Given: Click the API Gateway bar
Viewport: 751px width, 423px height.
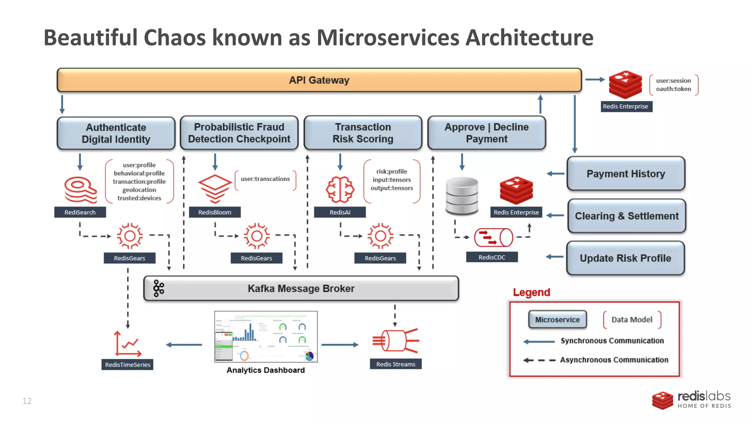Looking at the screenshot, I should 319,80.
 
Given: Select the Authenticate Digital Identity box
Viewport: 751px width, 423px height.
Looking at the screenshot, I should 116,133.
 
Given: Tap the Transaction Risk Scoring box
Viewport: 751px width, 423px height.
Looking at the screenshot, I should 363,133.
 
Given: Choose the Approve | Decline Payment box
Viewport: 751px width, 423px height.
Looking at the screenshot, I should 487,133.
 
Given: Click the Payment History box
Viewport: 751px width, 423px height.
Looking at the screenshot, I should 626,174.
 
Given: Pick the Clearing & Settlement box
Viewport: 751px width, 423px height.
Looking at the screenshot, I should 626,216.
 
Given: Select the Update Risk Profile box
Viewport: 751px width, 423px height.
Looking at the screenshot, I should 625,258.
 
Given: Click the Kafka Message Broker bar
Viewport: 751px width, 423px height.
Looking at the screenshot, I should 301,289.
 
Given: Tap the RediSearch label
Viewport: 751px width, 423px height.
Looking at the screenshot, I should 80,212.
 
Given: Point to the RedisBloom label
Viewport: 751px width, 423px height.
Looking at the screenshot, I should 215,212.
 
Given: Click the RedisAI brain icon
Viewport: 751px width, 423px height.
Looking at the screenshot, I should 340,189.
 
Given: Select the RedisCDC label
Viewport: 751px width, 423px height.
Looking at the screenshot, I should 492,257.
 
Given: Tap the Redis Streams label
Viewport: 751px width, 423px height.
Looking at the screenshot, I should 396,364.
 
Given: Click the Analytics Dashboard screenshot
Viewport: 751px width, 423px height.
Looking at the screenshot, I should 266,337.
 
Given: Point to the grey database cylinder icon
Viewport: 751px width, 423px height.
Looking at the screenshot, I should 462,195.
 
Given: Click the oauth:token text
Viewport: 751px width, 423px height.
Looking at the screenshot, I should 673,89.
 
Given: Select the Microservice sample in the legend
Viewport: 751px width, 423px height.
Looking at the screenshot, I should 557,319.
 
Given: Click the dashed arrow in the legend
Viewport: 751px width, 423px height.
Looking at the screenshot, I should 539,360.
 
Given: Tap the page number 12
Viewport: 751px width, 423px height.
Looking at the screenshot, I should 27,401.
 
